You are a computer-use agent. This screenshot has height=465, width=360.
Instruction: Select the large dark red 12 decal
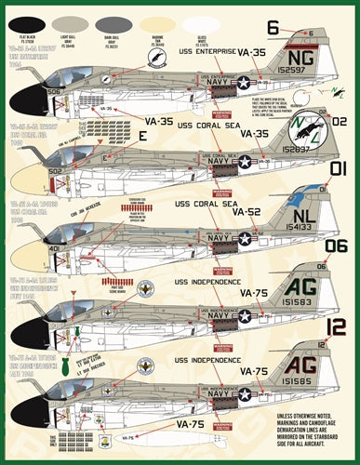coord(336,327)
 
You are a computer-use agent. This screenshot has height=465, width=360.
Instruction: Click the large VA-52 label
coord(246,212)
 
